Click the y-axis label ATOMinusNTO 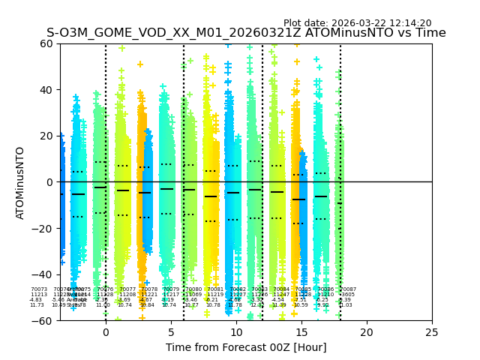click(21, 182)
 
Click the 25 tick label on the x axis click(432, 331)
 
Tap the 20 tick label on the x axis click(367, 331)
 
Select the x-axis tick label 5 click(171, 331)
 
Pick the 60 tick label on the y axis click(46, 43)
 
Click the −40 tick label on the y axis click(43, 274)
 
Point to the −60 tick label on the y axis click(43, 320)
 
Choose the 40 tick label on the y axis click(46, 90)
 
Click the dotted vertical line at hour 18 click(340, 150)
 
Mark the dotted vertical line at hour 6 click(184, 150)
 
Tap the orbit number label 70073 click(39, 289)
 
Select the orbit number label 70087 click(348, 289)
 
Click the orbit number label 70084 click(281, 289)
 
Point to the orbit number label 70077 click(127, 289)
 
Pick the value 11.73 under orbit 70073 click(37, 305)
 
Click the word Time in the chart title click(431, 33)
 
